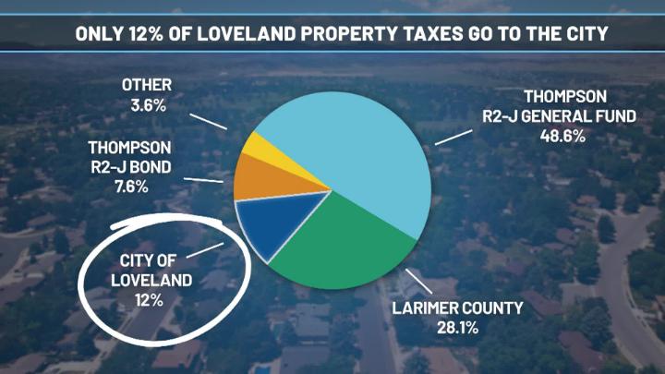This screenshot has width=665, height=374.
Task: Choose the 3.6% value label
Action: pos(146,105)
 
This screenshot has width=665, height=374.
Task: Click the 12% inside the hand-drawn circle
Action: pos(148,300)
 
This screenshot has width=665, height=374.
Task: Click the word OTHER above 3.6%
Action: pos(146,87)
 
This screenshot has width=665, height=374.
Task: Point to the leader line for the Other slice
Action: pos(211,120)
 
